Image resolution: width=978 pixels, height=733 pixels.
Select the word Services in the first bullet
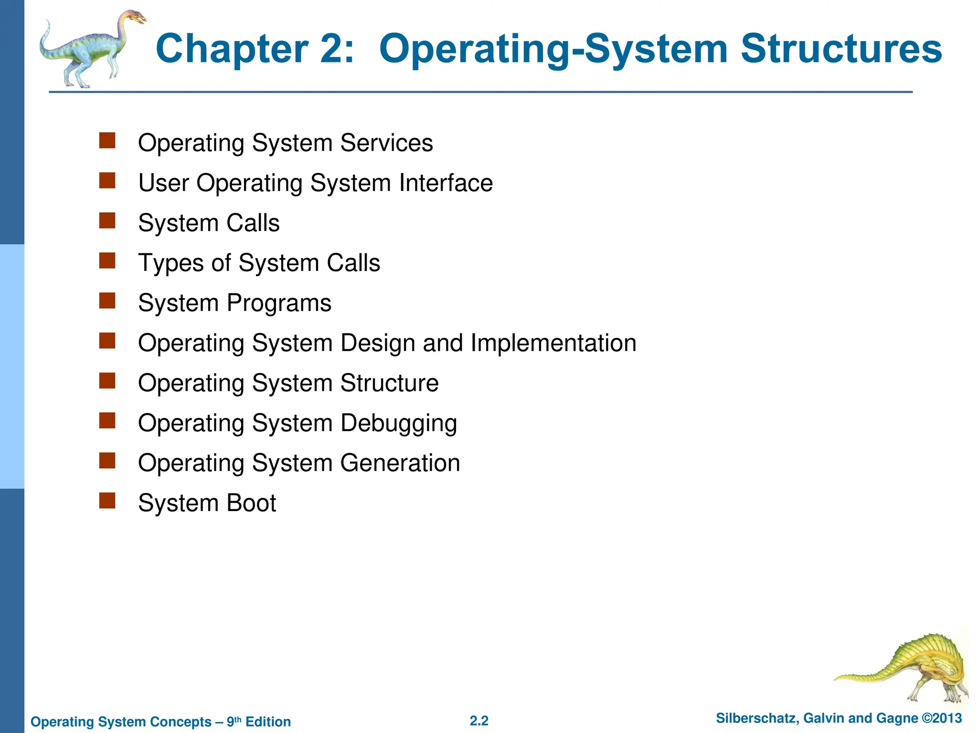click(x=386, y=143)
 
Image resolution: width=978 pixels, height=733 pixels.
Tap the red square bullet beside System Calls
click(x=107, y=221)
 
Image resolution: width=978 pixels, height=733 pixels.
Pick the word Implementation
click(x=553, y=343)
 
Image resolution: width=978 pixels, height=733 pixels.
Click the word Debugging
click(x=399, y=423)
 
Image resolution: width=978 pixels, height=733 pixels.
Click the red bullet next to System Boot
click(x=107, y=501)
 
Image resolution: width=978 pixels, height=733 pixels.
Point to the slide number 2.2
click(x=479, y=721)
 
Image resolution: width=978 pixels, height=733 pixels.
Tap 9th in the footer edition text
click(x=234, y=721)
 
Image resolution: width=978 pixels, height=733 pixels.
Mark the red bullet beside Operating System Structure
click(x=107, y=381)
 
